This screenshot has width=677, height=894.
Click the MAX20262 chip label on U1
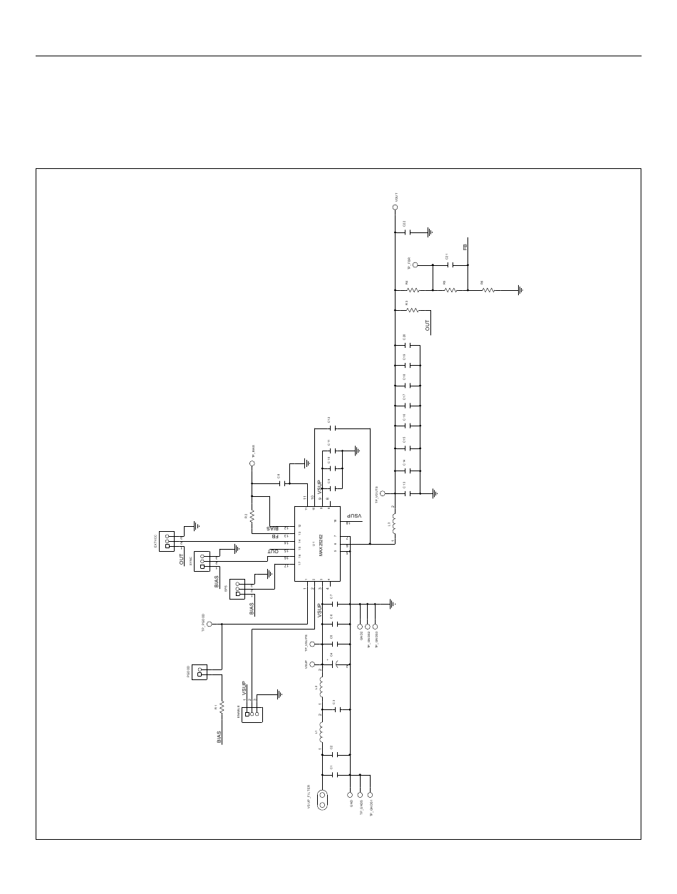(321, 543)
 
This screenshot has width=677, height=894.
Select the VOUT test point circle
(396, 207)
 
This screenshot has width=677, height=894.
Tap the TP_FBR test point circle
(415, 264)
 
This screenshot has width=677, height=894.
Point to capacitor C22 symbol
(409, 232)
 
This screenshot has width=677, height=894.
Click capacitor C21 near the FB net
(450, 264)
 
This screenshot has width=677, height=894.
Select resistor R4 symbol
(413, 290)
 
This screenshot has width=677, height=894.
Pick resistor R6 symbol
(488, 290)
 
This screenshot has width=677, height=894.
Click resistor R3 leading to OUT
(413, 311)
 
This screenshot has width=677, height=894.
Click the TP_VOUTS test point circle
(383, 493)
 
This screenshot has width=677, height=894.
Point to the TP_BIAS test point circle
(252, 463)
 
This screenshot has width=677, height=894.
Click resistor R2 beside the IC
(252, 515)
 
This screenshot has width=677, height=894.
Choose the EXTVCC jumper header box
(167, 541)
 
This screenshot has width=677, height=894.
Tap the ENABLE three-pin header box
(252, 714)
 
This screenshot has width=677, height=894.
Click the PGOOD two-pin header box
(200, 672)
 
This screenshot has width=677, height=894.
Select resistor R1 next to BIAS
(222, 707)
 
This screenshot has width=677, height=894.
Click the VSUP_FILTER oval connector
(322, 800)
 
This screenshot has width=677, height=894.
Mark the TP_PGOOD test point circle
(210, 624)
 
